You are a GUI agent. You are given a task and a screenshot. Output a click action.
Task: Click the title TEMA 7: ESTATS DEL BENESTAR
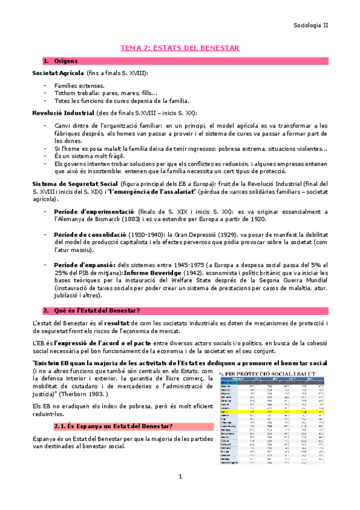(x=180, y=48)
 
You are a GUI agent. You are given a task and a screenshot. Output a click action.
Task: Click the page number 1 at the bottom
(x=180, y=494)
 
